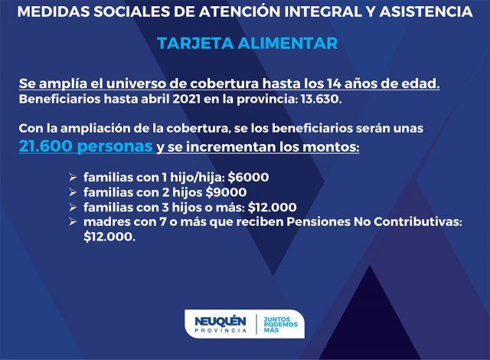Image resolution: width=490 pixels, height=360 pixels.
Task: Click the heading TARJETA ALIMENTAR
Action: (x=247, y=43)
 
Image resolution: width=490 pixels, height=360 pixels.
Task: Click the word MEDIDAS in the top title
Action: (x=53, y=11)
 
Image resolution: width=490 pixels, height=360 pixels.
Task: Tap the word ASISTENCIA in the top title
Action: (x=426, y=11)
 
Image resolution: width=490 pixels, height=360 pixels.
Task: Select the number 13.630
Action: (x=321, y=99)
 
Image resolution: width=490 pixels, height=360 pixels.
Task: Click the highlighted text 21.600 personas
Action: (x=86, y=146)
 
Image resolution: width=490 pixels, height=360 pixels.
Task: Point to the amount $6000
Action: (x=248, y=177)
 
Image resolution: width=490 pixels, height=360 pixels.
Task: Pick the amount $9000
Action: (x=226, y=192)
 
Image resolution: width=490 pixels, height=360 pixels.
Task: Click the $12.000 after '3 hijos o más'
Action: (x=272, y=207)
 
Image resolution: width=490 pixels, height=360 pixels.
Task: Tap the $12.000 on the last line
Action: (x=109, y=237)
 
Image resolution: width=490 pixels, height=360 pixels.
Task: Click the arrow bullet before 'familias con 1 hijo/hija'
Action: (x=73, y=178)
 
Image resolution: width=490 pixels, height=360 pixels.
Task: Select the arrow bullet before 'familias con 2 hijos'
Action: (x=73, y=192)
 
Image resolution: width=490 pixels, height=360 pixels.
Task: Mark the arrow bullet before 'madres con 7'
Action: (x=73, y=222)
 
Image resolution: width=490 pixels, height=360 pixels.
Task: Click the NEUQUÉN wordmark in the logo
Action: (x=220, y=321)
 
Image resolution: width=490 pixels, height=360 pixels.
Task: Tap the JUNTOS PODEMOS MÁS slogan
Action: (x=281, y=324)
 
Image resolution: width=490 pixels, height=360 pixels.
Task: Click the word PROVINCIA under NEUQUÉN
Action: (x=220, y=330)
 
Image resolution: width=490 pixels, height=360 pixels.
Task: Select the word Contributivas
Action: (x=418, y=222)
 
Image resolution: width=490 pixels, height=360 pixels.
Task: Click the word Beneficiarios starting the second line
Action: (x=60, y=99)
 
